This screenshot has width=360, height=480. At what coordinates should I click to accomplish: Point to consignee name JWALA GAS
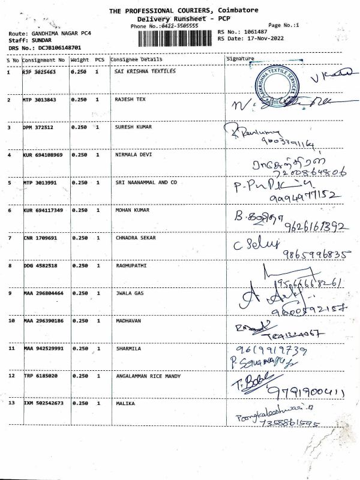[128, 293]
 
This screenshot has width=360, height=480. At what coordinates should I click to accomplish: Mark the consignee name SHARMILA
[128, 348]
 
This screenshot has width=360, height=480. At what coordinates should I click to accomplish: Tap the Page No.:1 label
[284, 25]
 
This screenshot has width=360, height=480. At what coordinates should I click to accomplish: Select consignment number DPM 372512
[39, 127]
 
